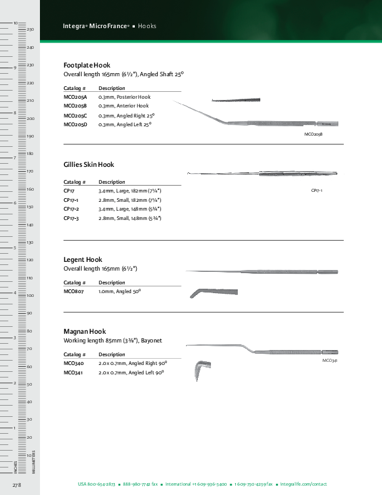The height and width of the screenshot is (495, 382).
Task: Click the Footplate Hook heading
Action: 87,65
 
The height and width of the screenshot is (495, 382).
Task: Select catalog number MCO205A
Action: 76,97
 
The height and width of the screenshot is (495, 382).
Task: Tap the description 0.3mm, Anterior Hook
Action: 124,106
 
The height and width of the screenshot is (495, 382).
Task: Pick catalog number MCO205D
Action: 76,125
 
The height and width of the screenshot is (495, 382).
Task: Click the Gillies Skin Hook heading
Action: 89,165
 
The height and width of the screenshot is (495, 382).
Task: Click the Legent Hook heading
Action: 83,259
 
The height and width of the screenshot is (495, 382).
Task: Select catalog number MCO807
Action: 74,291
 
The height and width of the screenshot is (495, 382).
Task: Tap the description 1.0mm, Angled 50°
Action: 119,291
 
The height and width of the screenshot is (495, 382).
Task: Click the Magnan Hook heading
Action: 85,331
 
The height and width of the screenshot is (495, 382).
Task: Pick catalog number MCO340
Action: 74,362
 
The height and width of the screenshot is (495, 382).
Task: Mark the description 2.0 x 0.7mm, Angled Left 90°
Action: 131,372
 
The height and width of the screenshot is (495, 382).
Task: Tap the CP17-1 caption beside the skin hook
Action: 317,189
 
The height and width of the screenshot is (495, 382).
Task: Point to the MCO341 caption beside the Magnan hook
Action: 330,361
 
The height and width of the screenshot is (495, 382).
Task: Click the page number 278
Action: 17,485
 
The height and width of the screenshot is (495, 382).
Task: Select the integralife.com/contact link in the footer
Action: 303,484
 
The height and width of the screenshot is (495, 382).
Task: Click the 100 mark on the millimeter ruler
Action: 29,295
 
